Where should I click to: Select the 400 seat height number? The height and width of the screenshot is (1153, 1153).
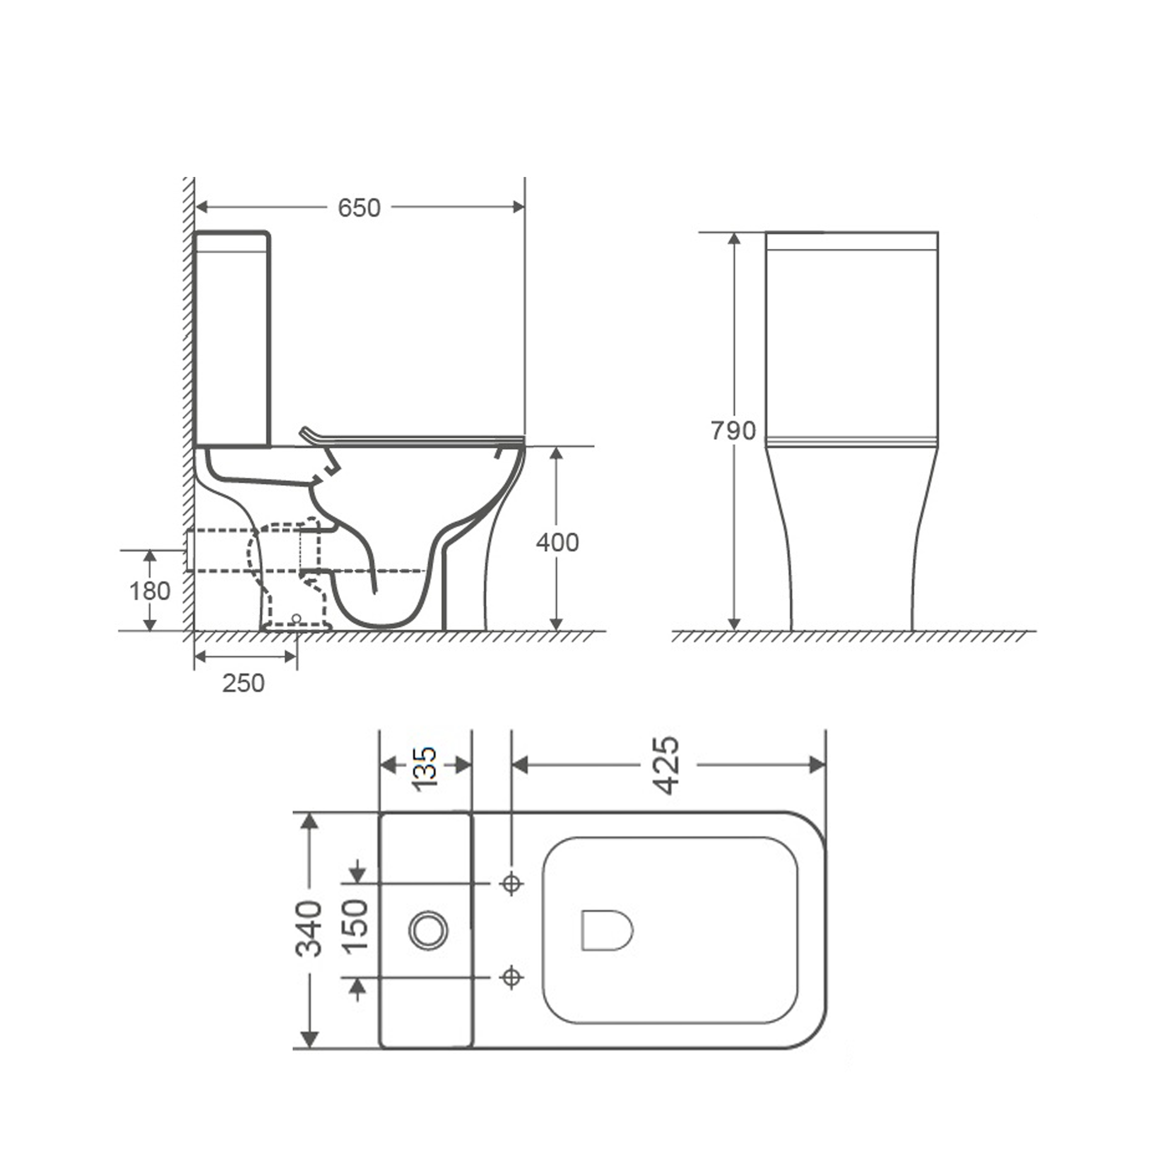pyautogui.click(x=557, y=542)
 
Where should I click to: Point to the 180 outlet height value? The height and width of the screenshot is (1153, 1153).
pyautogui.click(x=150, y=591)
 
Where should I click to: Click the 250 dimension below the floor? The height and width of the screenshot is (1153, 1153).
pyautogui.click(x=243, y=683)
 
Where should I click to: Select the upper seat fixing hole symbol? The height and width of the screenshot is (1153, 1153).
pyautogui.click(x=511, y=883)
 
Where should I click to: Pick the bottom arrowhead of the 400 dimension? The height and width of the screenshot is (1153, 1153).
pyautogui.click(x=556, y=624)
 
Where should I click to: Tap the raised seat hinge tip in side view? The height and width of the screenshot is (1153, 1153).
pyautogui.click(x=304, y=430)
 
